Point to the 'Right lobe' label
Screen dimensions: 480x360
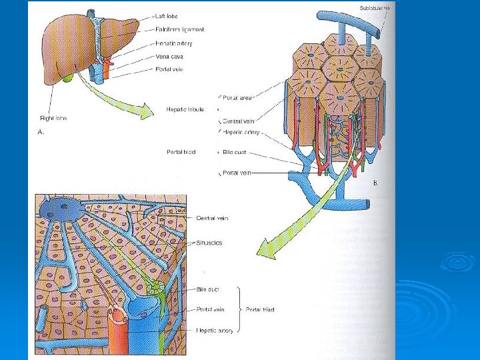pyautogui.click(x=53, y=118)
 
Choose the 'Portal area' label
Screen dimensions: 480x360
pyautogui.click(x=237, y=97)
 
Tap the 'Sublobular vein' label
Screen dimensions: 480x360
pyautogui.click(x=375, y=8)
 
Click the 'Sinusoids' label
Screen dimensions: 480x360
pyautogui.click(x=209, y=243)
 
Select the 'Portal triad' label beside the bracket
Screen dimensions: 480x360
pyautogui.click(x=260, y=309)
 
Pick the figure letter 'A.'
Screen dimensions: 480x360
pyautogui.click(x=41, y=133)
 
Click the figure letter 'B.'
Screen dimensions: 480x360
pyautogui.click(x=375, y=182)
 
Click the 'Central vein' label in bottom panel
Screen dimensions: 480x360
pyautogui.click(x=214, y=218)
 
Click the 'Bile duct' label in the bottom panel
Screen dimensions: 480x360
pyautogui.click(x=208, y=289)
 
